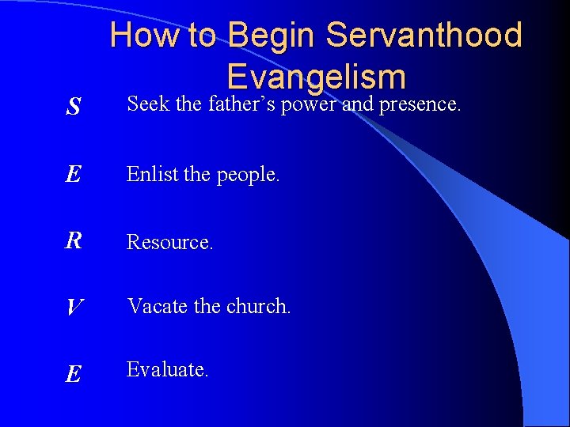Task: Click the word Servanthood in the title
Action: click(424, 36)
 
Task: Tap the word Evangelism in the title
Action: click(316, 77)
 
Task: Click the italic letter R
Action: click(73, 241)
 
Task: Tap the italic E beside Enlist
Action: click(73, 175)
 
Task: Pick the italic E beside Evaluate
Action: click(73, 373)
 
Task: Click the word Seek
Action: click(149, 104)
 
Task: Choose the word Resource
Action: click(169, 242)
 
